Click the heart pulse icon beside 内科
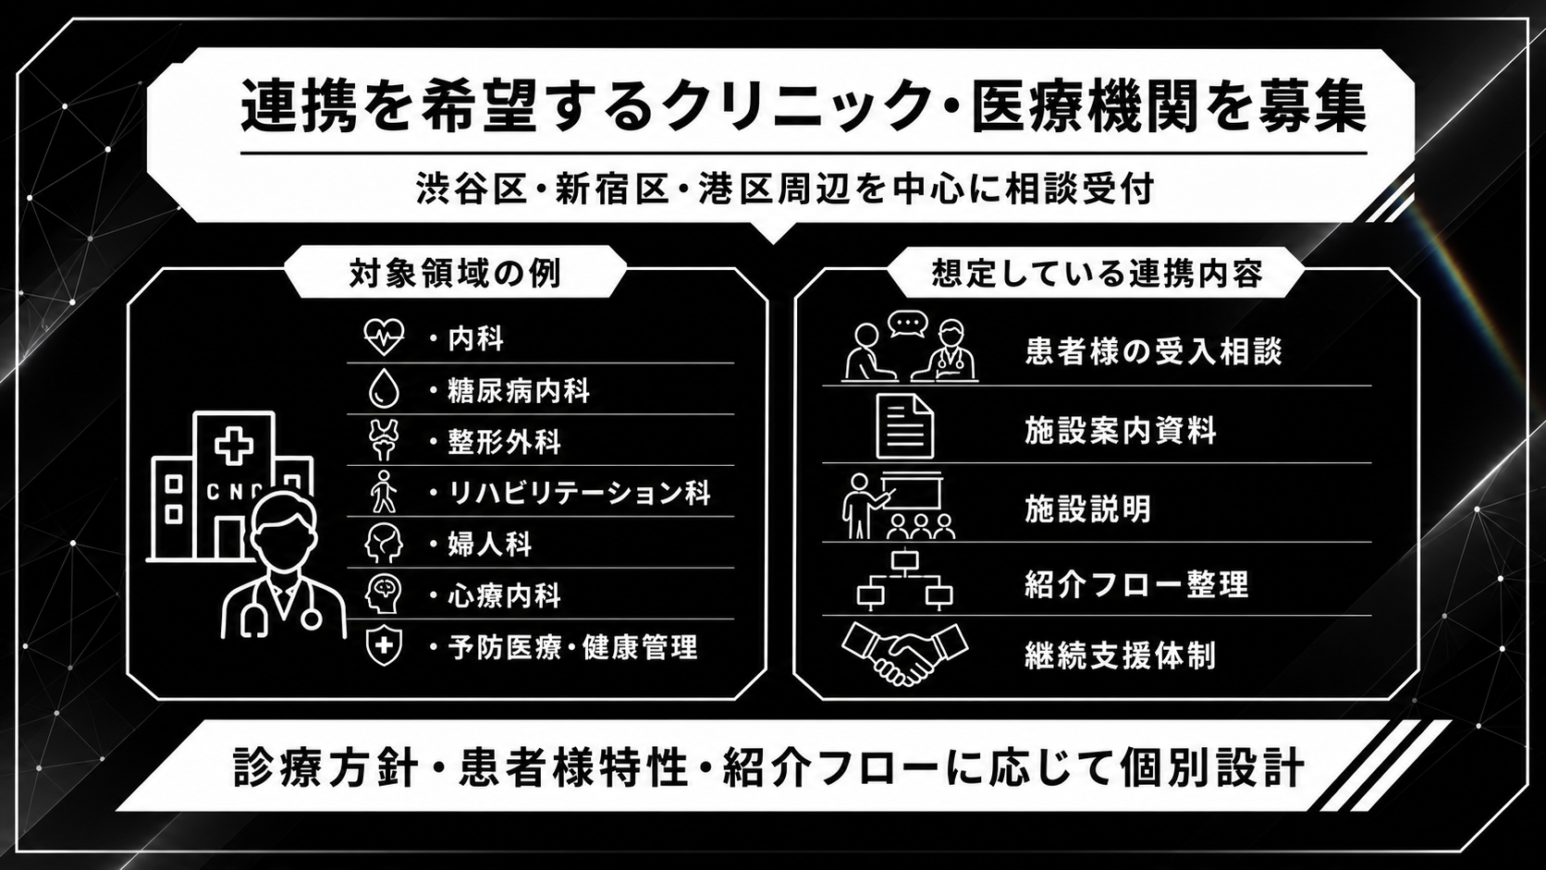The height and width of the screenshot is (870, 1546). click(384, 337)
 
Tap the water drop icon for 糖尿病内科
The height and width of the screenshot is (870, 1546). click(384, 388)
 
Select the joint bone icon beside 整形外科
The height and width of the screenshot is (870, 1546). click(383, 439)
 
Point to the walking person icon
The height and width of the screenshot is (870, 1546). click(384, 491)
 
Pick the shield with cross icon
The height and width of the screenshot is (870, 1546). click(384, 645)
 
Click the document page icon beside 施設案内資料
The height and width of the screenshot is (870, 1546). click(905, 426)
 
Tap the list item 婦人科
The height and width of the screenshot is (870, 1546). click(489, 544)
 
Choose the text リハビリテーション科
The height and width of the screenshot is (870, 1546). click(579, 493)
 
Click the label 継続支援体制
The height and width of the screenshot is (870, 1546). click(1120, 655)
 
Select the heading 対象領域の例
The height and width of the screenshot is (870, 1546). click(456, 274)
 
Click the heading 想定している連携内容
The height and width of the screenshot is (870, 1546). click(1097, 274)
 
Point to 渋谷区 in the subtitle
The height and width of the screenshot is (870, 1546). click(472, 189)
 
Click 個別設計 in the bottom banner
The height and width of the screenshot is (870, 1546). click(1212, 766)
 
